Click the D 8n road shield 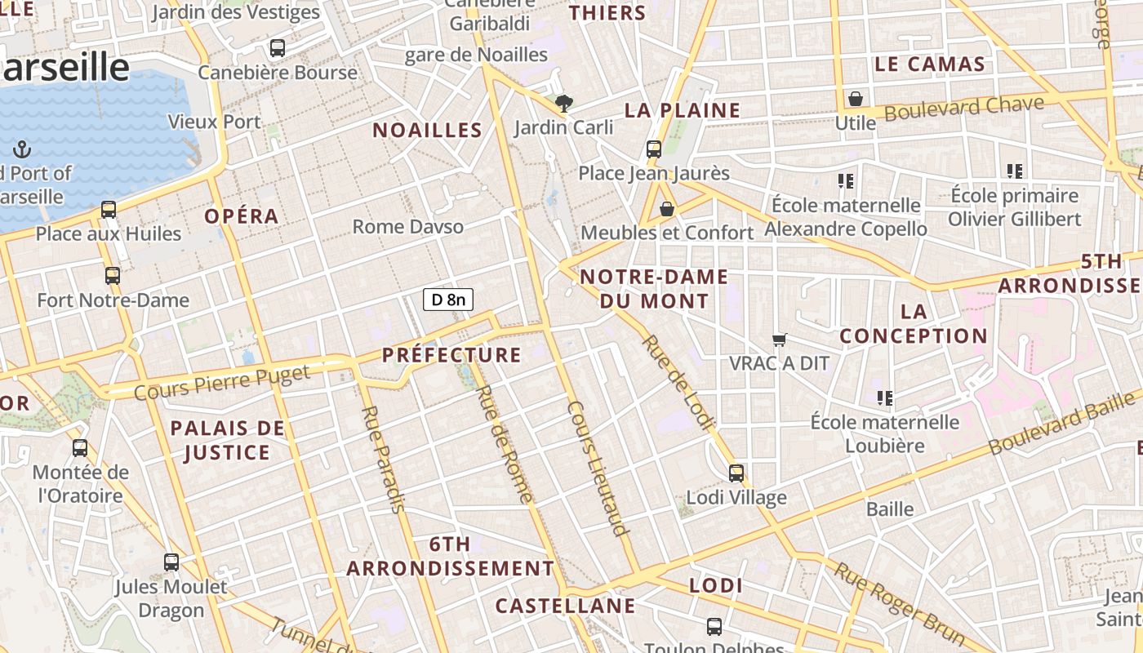tap(448, 300)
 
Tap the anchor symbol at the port tap(22, 149)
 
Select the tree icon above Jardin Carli tap(563, 104)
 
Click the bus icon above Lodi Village tap(736, 473)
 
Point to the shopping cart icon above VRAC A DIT tap(780, 340)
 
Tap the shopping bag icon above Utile tap(855, 99)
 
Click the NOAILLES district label tap(427, 131)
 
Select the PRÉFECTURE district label tap(451, 355)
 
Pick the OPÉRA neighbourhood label tap(242, 216)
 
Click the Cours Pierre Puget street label tap(222, 383)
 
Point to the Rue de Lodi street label tap(678, 381)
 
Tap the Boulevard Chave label tap(964, 108)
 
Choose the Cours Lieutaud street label tap(598, 468)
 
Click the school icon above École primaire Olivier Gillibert tap(1015, 171)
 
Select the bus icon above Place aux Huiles tap(109, 210)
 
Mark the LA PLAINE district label tap(683, 110)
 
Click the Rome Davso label tap(408, 227)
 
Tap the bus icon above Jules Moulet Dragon tap(171, 562)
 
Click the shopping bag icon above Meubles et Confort tap(667, 210)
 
